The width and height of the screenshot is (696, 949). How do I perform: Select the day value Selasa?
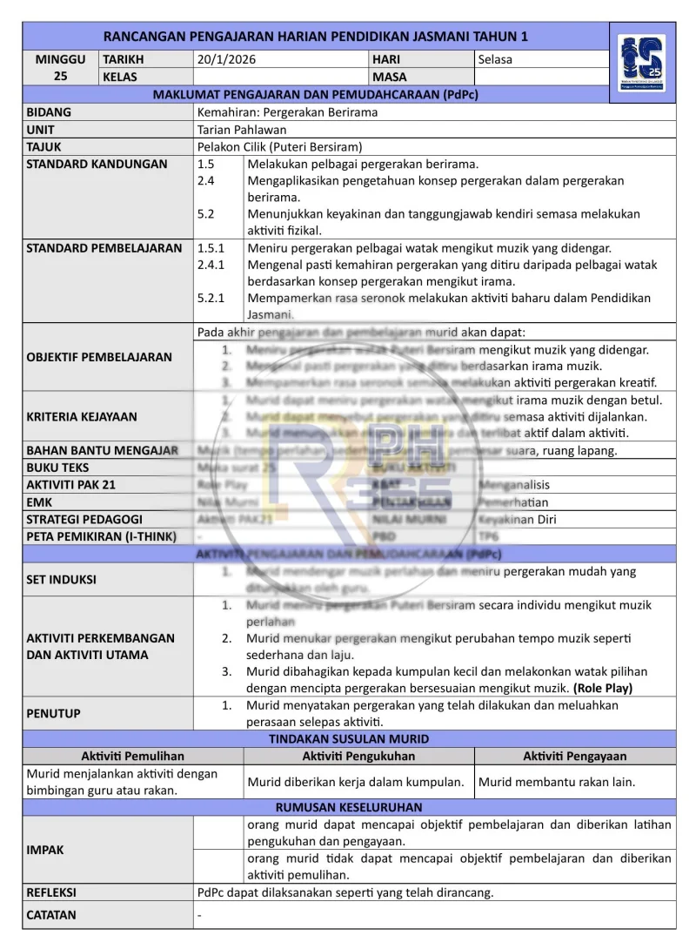click(x=495, y=60)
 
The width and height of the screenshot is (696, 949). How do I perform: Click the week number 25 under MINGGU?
click(x=60, y=77)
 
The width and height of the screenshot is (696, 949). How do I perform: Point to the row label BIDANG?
click(x=49, y=112)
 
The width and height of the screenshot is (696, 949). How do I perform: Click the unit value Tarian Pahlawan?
click(x=242, y=130)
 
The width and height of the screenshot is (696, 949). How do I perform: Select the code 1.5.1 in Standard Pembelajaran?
click(x=211, y=248)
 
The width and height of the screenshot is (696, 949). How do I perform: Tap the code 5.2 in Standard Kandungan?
click(x=206, y=213)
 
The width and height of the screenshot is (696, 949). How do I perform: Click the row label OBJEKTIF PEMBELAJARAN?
click(x=99, y=357)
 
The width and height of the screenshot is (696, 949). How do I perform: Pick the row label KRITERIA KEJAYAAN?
click(x=82, y=416)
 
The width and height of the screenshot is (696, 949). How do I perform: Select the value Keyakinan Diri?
click(x=518, y=520)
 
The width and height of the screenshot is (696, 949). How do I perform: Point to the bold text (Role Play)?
click(x=603, y=688)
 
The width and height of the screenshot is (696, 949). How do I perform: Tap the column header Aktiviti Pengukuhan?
click(x=358, y=756)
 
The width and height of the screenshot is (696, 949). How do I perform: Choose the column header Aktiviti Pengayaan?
click(x=574, y=756)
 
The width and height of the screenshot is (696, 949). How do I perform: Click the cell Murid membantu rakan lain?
click(x=557, y=782)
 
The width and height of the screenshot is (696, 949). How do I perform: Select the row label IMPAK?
click(x=45, y=850)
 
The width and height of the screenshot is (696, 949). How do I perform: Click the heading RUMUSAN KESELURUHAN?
click(x=349, y=807)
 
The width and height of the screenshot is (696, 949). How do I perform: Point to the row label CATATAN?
click(x=51, y=915)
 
